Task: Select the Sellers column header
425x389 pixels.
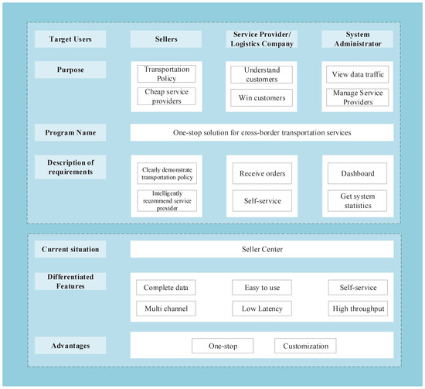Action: click(166, 39)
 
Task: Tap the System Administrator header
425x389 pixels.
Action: click(358, 39)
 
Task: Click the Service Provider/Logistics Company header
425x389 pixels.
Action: click(262, 39)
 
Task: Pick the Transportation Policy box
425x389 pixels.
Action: click(166, 73)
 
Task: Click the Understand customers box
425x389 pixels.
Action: click(262, 73)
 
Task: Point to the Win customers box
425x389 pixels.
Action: click(262, 98)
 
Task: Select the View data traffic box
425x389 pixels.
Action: click(358, 74)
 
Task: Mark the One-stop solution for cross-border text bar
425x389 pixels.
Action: click(262, 132)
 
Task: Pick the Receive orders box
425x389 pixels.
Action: click(262, 174)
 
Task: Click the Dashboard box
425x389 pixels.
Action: click(358, 174)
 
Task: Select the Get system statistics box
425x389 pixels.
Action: click(358, 201)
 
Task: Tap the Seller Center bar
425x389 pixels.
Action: click(262, 249)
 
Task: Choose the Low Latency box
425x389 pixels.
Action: click(262, 309)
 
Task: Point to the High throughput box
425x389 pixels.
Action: click(358, 309)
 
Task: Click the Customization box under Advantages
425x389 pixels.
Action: click(304, 346)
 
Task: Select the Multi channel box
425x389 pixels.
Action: click(166, 309)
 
